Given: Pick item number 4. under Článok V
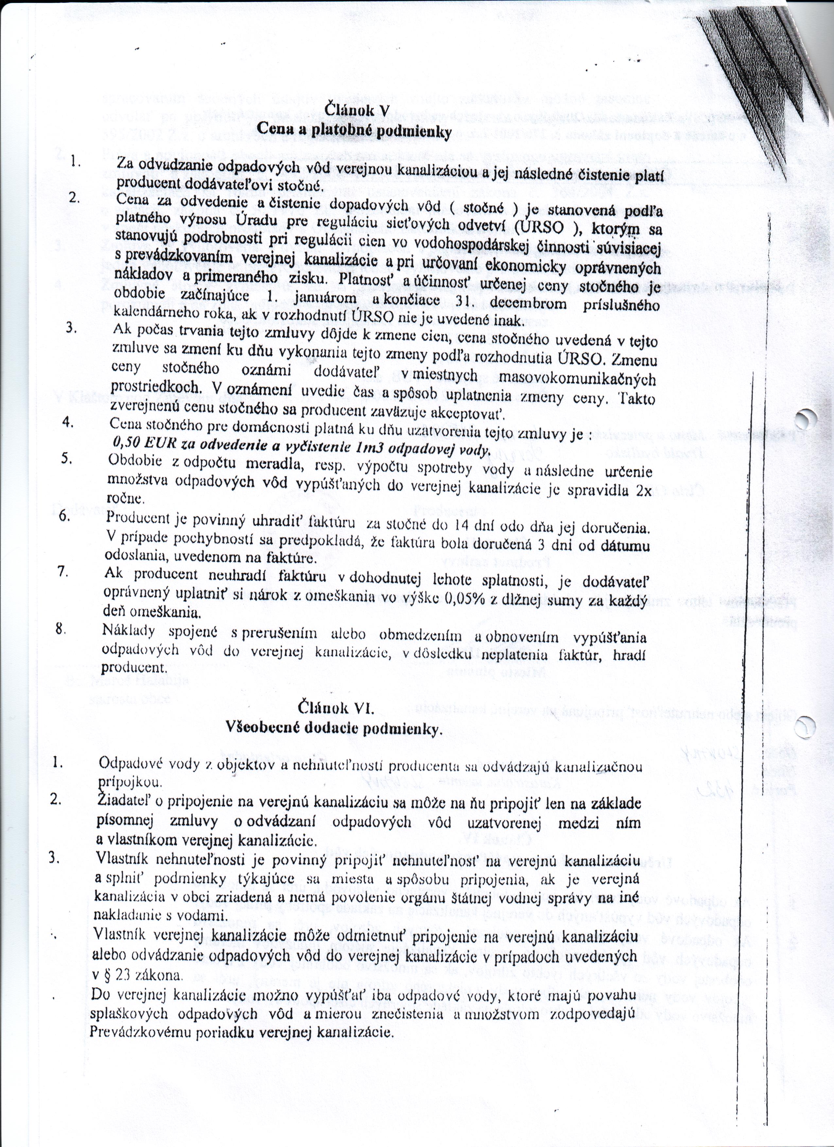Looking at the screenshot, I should coord(71,422).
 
